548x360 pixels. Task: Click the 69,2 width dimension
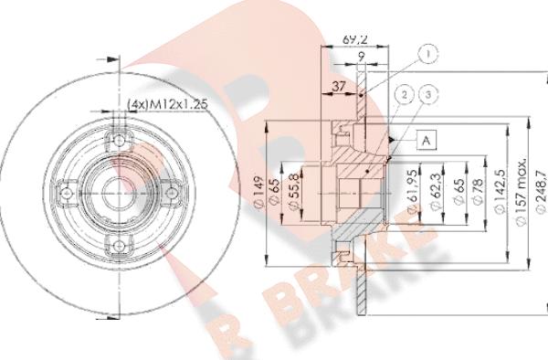[353, 40]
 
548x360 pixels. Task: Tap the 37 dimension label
[338, 87]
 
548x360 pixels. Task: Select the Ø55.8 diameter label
[293, 192]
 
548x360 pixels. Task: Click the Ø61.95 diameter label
[414, 190]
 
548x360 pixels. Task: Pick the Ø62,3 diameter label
[433, 190]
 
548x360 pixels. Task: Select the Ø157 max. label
[519, 187]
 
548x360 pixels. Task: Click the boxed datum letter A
[425, 139]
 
